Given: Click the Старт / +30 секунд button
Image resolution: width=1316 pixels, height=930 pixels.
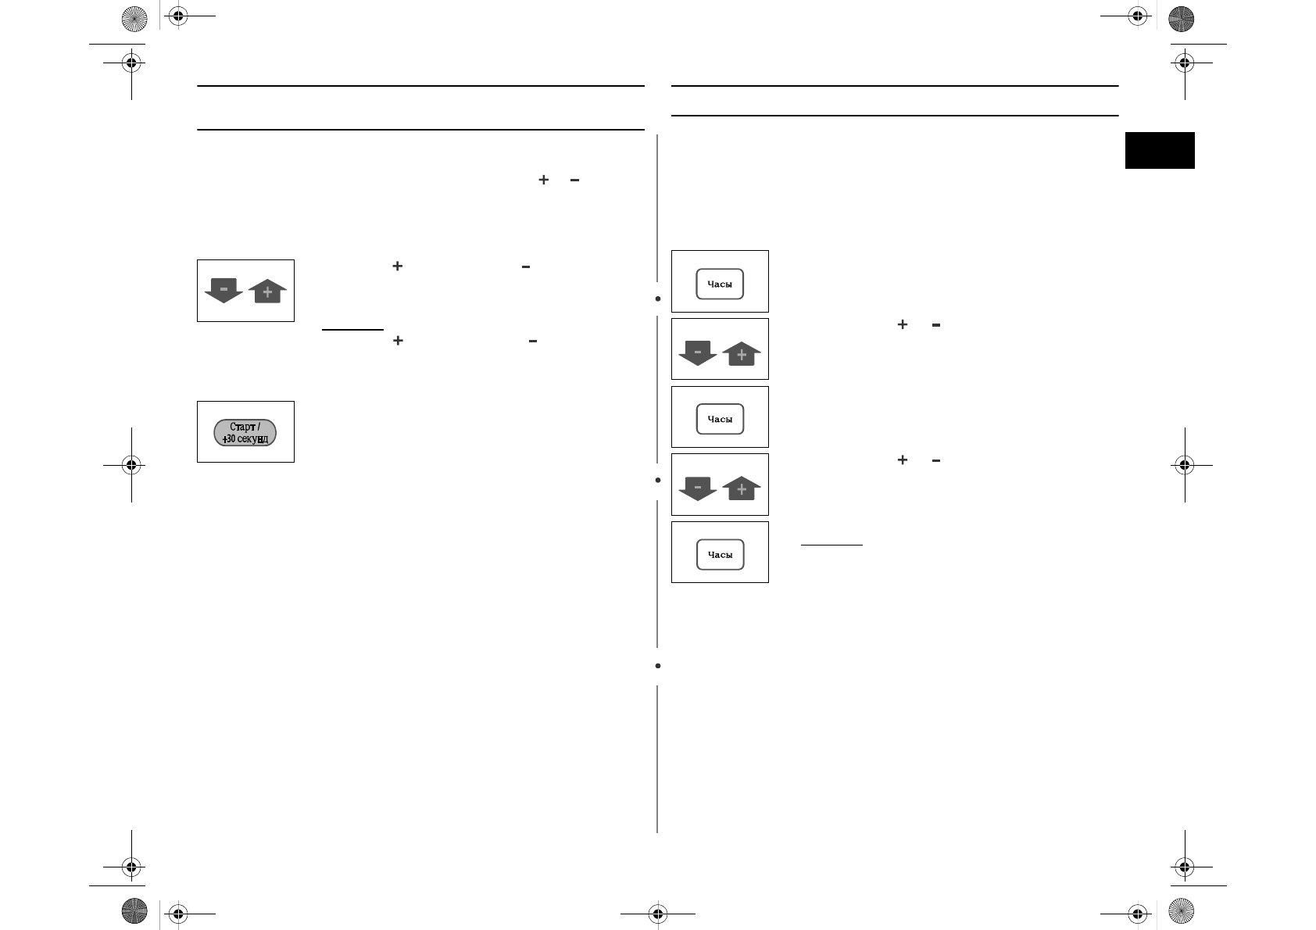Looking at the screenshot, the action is (x=245, y=432).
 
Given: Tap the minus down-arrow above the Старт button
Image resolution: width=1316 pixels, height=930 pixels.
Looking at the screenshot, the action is (x=224, y=291).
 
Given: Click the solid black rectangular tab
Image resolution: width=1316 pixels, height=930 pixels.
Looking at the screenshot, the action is (x=1160, y=150).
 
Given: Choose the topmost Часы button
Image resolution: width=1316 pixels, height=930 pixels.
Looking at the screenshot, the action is (x=720, y=284).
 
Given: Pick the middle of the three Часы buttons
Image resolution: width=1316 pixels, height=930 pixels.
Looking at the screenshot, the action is (x=720, y=419).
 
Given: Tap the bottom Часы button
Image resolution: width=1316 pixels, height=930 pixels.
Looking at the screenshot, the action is (x=720, y=555).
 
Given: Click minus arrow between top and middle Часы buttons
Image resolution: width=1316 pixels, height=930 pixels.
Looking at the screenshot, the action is (x=698, y=352).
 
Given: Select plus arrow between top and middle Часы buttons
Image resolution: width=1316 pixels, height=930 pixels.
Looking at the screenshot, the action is (x=742, y=355).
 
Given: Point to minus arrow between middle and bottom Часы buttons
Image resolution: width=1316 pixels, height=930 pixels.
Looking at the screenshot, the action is (x=698, y=488).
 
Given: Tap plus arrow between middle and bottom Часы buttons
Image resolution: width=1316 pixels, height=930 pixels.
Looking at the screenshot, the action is (x=742, y=489).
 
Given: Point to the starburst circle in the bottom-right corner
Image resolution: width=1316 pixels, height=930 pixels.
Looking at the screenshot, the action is (x=1181, y=911).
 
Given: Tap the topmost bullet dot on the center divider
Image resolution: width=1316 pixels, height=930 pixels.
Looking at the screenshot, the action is (x=658, y=299).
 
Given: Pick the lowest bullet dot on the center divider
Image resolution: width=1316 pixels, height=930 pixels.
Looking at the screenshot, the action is (x=658, y=666).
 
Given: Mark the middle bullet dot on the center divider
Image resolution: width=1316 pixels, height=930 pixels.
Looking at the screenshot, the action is (x=658, y=480).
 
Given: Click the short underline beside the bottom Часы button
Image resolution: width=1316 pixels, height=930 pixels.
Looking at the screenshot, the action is (x=831, y=545).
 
